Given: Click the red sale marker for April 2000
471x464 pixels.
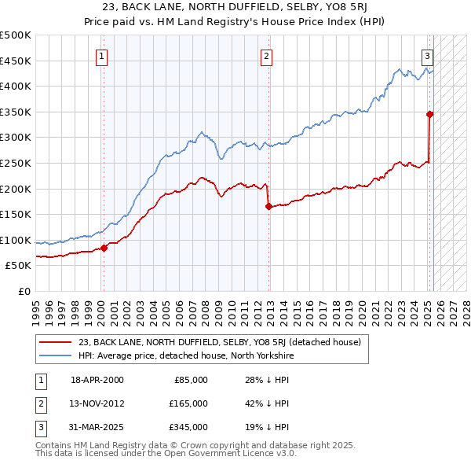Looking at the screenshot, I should click(x=104, y=248).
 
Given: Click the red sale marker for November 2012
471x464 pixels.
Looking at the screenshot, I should click(x=268, y=207).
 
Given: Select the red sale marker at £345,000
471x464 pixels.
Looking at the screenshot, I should click(x=429, y=114).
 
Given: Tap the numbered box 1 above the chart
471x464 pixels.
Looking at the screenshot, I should click(x=103, y=56).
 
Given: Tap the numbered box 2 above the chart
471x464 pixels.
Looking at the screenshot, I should click(x=267, y=56).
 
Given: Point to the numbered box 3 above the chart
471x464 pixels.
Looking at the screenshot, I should click(x=427, y=56).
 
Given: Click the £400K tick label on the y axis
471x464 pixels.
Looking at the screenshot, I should click(x=16, y=87).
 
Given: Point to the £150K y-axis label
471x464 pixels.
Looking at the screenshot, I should click(x=16, y=214).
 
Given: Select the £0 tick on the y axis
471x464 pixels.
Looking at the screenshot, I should click(x=24, y=291).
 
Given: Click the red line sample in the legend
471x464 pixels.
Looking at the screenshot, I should click(x=55, y=342).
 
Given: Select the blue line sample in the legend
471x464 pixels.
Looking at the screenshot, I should click(x=55, y=355).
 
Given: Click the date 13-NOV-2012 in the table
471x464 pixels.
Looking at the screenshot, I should click(x=97, y=403).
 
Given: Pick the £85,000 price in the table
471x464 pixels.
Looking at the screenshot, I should click(x=191, y=380).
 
